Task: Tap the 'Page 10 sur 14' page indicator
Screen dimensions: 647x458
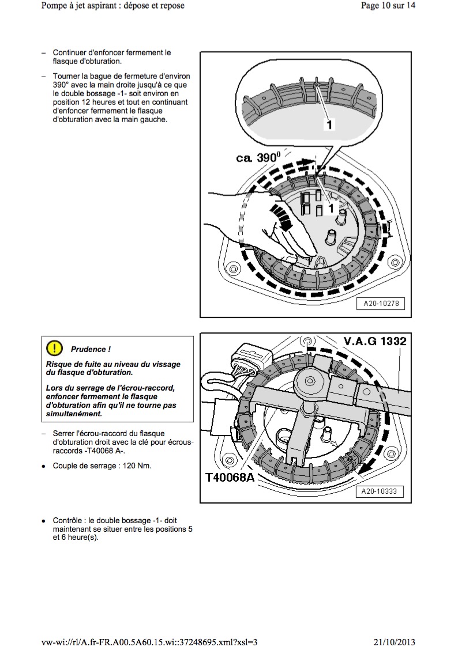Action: pos(388,6)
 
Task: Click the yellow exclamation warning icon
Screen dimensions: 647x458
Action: pos(54,348)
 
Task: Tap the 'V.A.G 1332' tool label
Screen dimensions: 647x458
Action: pos(375,341)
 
